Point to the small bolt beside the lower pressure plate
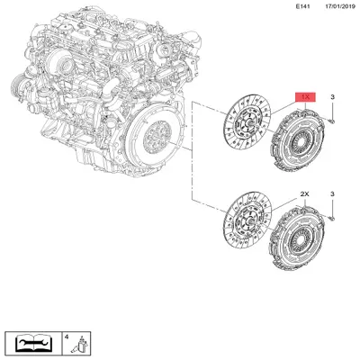[x=331, y=217]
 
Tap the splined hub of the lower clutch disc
[x=249, y=231]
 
